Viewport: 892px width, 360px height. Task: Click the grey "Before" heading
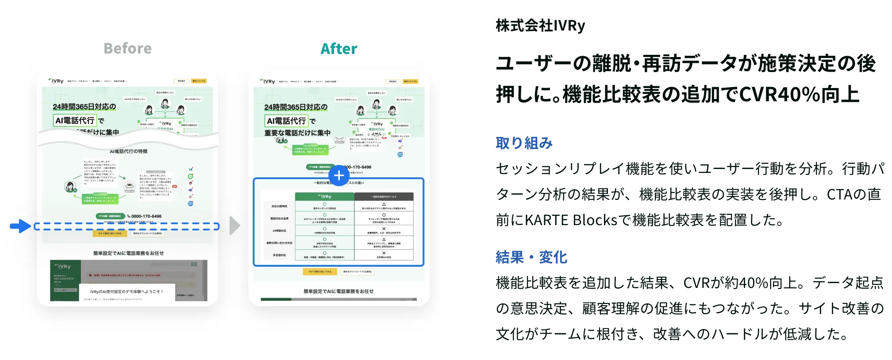tap(127, 48)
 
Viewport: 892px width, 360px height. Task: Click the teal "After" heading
tap(338, 49)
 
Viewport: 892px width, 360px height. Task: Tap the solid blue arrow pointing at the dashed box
tap(20, 226)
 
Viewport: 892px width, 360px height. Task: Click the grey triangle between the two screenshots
tap(235, 226)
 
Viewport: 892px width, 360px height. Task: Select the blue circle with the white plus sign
tap(339, 176)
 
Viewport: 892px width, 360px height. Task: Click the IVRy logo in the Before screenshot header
tap(56, 81)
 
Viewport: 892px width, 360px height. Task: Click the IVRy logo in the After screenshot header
tap(268, 81)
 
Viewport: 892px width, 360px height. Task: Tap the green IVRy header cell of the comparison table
tap(324, 196)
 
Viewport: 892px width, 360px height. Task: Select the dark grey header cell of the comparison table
tap(384, 196)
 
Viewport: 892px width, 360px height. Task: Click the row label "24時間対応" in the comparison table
tap(279, 231)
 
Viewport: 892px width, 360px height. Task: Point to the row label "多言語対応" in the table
tap(279, 255)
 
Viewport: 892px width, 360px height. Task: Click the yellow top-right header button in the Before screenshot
tap(199, 81)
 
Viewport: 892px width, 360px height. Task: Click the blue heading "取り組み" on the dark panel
tap(525, 143)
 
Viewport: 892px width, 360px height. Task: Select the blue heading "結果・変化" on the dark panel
tap(532, 257)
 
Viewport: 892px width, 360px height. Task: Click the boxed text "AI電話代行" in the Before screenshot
tap(75, 120)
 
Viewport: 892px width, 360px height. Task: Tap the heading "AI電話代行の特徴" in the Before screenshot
tap(129, 151)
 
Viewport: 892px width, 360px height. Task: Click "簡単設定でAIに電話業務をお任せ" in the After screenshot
tap(338, 291)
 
